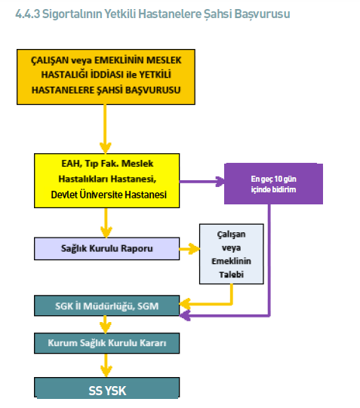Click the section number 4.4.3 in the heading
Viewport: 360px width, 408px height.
coord(28,14)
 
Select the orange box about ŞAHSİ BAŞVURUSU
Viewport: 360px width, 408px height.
coord(106,77)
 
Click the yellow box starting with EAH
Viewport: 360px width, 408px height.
coord(106,180)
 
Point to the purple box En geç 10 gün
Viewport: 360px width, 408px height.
coord(273,184)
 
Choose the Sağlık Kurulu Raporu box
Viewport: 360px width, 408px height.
coord(106,248)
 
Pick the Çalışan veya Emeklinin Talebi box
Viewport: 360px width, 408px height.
coord(232,254)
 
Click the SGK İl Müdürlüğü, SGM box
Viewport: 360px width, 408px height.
coord(106,305)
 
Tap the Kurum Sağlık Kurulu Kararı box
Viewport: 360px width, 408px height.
coord(106,343)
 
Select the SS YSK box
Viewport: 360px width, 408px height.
coord(106,388)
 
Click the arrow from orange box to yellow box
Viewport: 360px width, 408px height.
coord(105,129)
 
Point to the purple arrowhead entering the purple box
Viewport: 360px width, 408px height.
coord(220,182)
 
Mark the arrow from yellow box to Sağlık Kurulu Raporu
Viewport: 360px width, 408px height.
coord(106,222)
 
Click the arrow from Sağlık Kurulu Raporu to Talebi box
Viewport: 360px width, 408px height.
coord(189,249)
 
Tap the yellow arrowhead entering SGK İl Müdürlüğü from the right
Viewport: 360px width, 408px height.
coord(185,304)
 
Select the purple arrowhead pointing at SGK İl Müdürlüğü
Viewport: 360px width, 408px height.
coord(185,316)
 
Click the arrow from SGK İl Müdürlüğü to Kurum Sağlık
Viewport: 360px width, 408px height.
coord(105,324)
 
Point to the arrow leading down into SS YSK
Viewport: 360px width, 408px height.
coord(106,365)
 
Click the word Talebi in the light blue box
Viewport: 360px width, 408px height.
coord(232,275)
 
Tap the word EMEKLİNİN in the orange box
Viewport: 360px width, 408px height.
coord(119,60)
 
